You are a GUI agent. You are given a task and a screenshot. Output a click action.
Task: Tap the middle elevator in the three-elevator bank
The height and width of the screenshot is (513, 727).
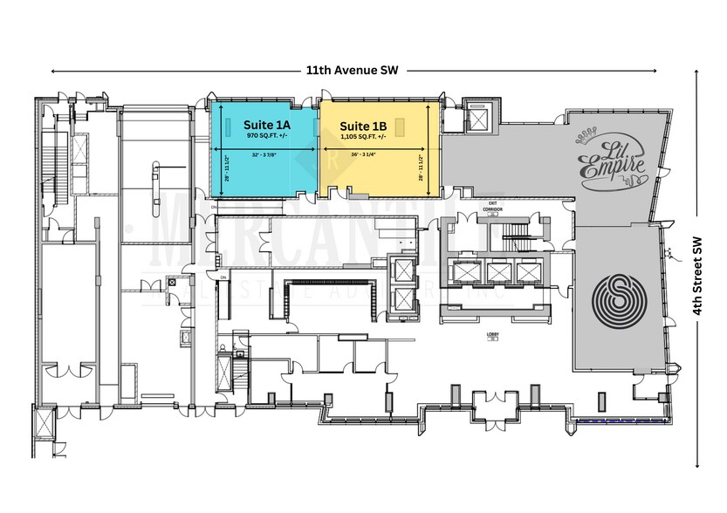click(x=498, y=272)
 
